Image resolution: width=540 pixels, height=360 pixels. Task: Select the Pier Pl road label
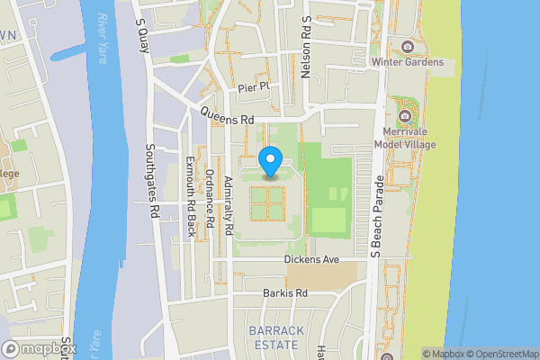(x=253, y=88)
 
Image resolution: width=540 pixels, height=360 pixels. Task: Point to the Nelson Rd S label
(x=307, y=50)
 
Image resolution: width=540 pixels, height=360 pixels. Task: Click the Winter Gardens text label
(x=407, y=62)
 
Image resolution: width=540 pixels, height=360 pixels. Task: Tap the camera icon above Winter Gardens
(x=407, y=46)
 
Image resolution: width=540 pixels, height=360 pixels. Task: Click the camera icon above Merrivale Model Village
(x=406, y=115)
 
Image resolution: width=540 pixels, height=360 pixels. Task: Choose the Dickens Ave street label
(x=310, y=259)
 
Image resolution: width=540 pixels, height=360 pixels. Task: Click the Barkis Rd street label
(x=285, y=293)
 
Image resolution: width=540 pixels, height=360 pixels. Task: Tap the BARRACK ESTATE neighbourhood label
(x=276, y=337)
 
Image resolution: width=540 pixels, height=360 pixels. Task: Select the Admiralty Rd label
(x=229, y=207)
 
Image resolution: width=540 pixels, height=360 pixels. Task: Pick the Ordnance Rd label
(x=210, y=198)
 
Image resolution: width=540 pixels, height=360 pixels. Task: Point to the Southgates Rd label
(x=153, y=180)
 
